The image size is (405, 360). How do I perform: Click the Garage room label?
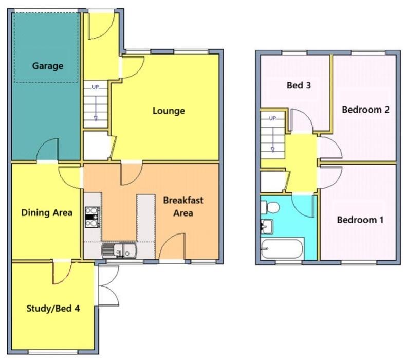(x=48, y=66)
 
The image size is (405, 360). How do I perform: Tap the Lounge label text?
(x=168, y=111)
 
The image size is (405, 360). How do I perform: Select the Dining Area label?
(x=47, y=212)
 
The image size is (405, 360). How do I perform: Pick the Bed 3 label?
(x=298, y=85)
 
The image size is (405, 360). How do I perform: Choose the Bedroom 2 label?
(x=365, y=110)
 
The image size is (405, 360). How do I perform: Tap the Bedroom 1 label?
(x=360, y=220)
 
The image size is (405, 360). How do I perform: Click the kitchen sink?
(x=119, y=250)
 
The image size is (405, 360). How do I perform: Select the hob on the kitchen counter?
(x=91, y=217)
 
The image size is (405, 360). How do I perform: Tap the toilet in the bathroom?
(x=270, y=207)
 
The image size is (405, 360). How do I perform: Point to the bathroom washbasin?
(x=267, y=226)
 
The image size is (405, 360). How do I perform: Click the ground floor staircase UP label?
(x=95, y=87)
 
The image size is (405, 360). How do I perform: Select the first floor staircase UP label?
(x=273, y=118)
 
